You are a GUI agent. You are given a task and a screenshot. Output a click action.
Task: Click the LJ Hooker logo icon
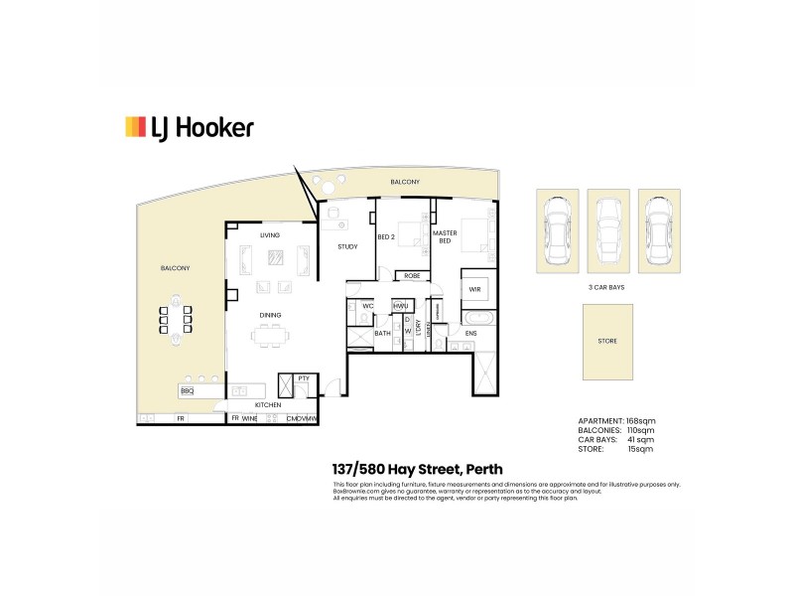[135, 126]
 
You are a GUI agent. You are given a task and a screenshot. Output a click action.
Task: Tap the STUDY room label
[347, 246]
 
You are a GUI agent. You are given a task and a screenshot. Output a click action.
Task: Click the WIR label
[474, 290]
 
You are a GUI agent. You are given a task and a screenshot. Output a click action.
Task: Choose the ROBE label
[411, 276]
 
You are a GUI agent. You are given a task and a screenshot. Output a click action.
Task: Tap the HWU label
[401, 306]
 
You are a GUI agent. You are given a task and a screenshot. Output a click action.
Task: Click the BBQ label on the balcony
[187, 391]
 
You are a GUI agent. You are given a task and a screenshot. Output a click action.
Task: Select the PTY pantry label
[303, 377]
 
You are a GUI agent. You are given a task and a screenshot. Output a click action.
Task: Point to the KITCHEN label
[269, 405]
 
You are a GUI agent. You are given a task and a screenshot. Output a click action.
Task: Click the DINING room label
[271, 315]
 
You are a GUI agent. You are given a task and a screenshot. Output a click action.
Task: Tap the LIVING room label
[270, 235]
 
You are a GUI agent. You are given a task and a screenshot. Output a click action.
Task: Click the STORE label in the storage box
[607, 341]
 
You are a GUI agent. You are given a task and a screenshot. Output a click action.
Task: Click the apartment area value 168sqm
[641, 421]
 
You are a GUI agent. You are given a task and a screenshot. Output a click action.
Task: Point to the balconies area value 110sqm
[641, 430]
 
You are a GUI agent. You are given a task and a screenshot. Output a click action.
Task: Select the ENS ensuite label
[471, 333]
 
